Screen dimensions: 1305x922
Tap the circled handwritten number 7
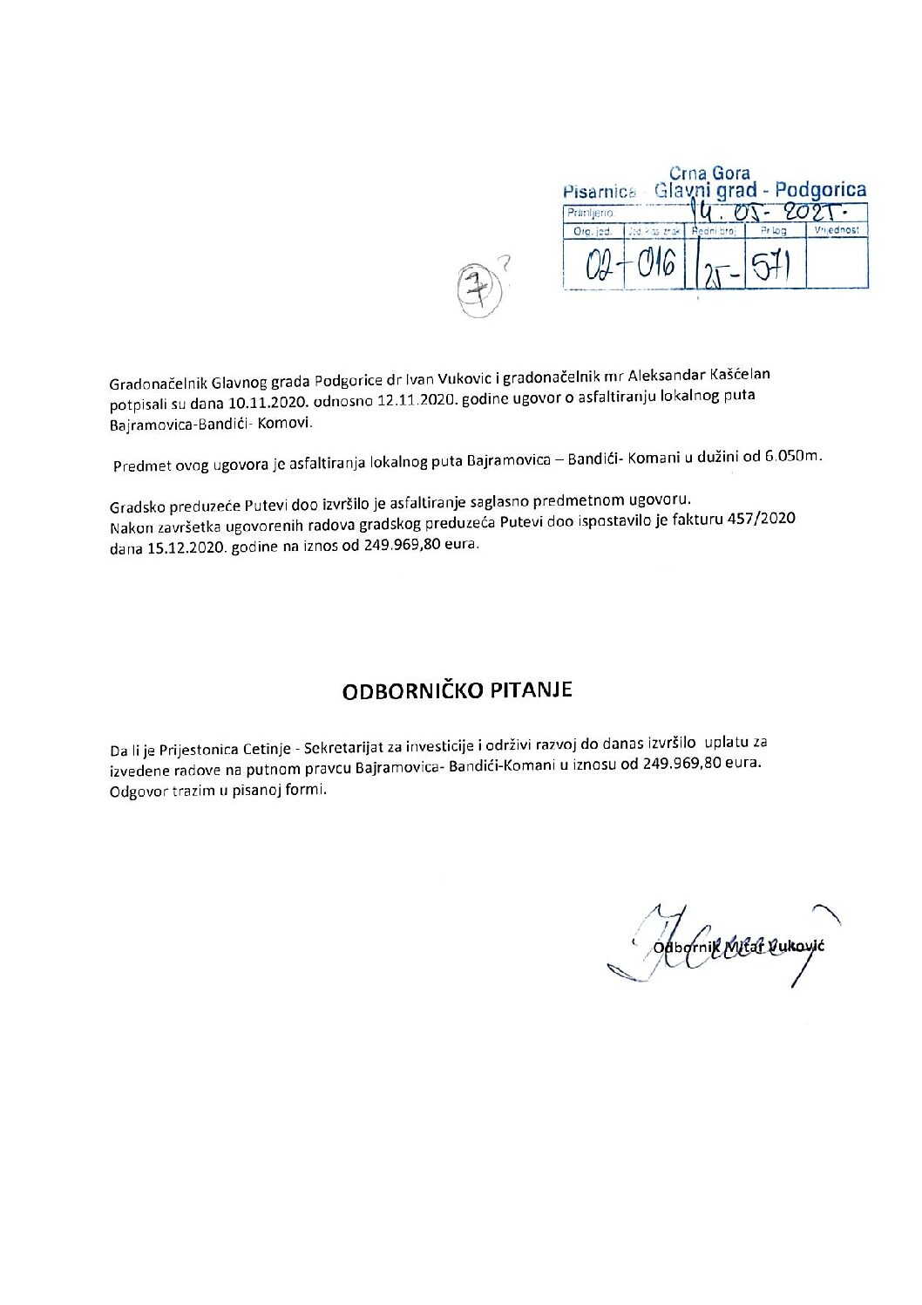475,282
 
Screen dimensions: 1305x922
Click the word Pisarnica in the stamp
600,192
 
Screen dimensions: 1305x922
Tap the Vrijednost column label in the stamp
837,230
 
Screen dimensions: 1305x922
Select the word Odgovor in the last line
138,792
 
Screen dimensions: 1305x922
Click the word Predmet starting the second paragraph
140,466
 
